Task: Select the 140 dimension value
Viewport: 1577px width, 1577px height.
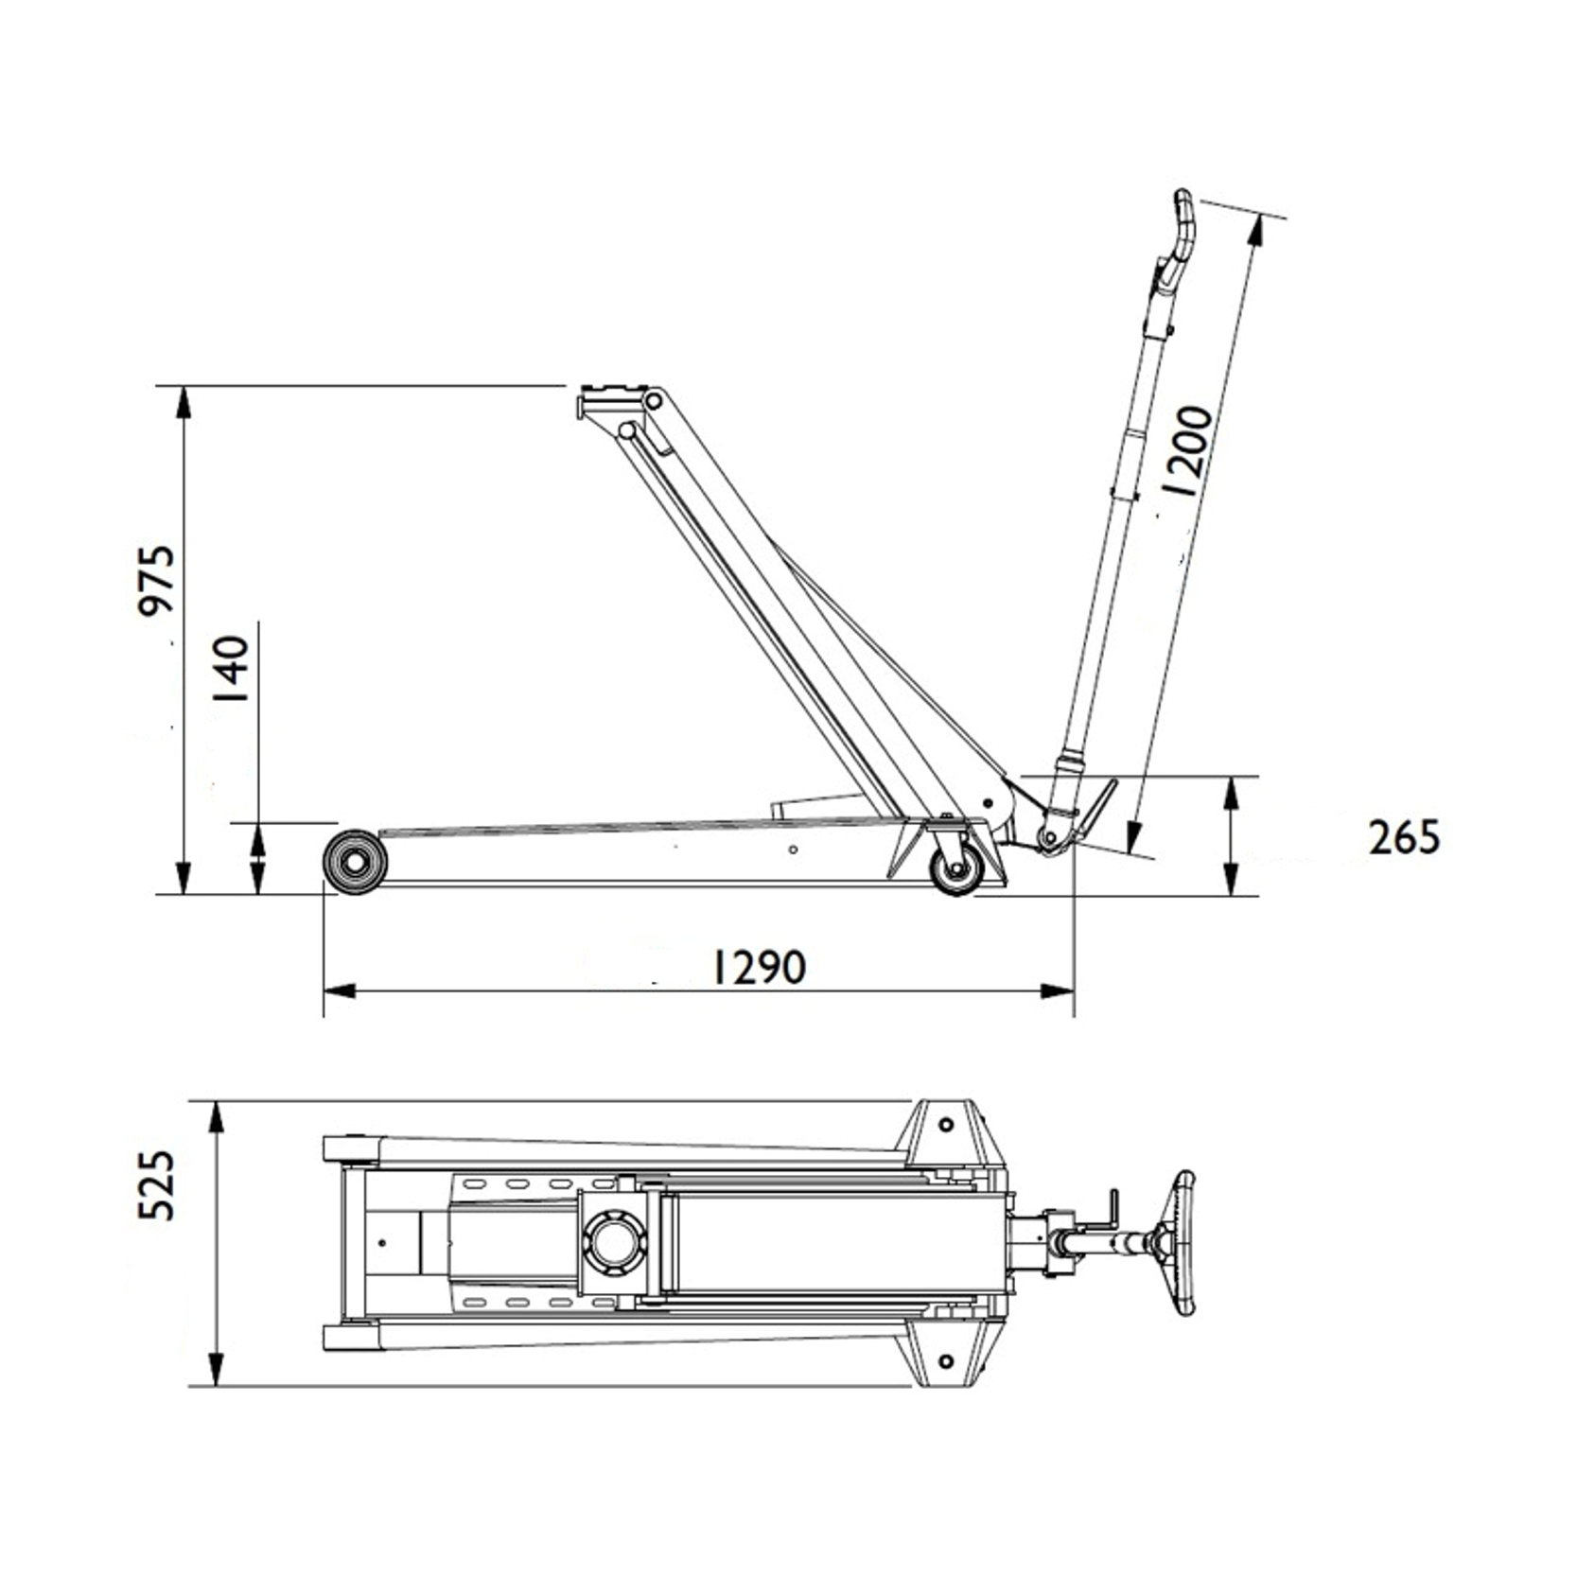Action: (231, 668)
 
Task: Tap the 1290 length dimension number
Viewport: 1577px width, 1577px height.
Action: (759, 966)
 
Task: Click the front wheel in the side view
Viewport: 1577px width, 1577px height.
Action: (356, 861)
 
